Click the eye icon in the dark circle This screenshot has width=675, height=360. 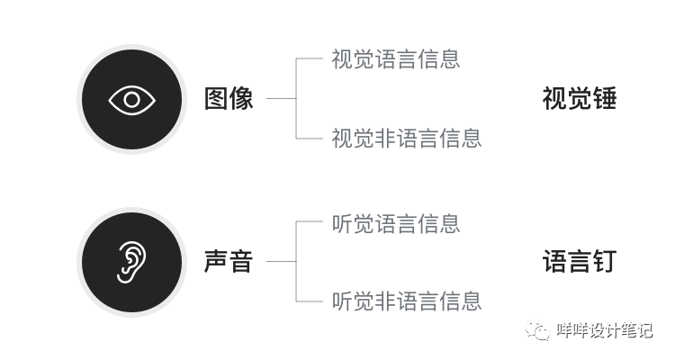coord(131,99)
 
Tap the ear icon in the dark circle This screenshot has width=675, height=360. coord(131,262)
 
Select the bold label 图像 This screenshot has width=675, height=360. coord(229,99)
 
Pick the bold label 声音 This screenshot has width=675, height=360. coord(229,262)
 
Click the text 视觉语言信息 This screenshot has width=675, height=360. coord(396,59)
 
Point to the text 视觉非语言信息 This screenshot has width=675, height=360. coord(407,138)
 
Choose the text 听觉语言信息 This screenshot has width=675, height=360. coord(396,223)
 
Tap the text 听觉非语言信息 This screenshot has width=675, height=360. coord(407,301)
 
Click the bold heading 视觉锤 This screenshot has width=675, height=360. coord(579,99)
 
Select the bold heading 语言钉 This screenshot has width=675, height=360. coord(579,262)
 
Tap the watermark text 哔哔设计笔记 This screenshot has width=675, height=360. coord(604,330)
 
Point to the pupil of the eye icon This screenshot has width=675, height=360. coord(131,99)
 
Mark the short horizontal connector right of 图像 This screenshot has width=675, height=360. coord(281,99)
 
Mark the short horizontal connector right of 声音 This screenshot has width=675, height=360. coord(281,262)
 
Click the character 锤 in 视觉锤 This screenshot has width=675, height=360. coord(604,99)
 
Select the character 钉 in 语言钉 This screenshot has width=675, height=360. coord(604,262)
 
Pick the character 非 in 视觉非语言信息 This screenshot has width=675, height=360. coord(385,138)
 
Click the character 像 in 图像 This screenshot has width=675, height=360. coord(241,99)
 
